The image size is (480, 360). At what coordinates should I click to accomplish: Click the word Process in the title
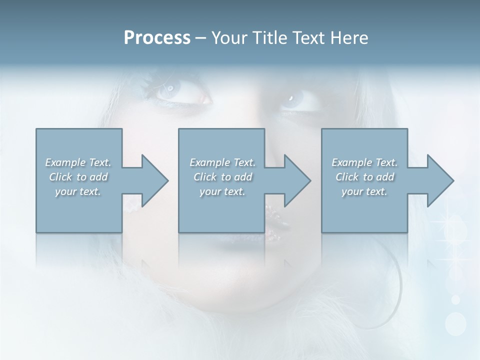(x=157, y=38)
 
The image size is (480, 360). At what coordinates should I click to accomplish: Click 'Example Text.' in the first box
(x=78, y=162)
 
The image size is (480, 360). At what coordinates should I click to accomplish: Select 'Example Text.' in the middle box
(x=222, y=162)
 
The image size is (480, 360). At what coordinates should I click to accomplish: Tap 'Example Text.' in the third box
(x=364, y=162)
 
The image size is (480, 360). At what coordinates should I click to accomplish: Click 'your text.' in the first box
(x=78, y=191)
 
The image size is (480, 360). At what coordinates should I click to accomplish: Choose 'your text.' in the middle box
(x=222, y=191)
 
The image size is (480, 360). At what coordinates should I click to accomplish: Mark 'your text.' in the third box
(x=364, y=191)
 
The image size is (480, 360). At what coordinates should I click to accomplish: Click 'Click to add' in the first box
(x=78, y=177)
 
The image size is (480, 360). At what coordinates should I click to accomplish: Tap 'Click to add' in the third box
(x=364, y=177)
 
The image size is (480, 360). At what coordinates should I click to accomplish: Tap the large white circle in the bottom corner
(x=455, y=323)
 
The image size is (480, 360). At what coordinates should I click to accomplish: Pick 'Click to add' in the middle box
(x=222, y=177)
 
